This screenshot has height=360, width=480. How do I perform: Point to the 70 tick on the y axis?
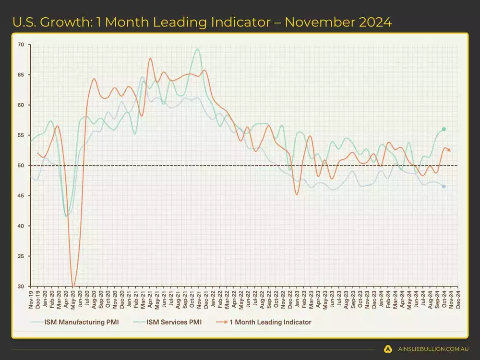21,45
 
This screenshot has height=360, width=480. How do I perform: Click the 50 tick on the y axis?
21,166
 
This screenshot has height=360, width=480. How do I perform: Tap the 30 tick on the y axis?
21,287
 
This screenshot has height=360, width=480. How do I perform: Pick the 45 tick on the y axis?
21,196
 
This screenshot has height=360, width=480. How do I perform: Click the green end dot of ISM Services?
444,129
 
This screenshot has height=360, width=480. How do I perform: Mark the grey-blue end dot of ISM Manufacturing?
444,186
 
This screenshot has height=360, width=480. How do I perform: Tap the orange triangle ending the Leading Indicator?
449,150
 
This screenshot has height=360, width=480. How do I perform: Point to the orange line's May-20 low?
73,286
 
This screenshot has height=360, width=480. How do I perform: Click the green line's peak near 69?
197,49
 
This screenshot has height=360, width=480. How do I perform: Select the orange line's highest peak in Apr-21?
150,59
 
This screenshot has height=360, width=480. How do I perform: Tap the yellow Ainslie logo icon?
388,349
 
